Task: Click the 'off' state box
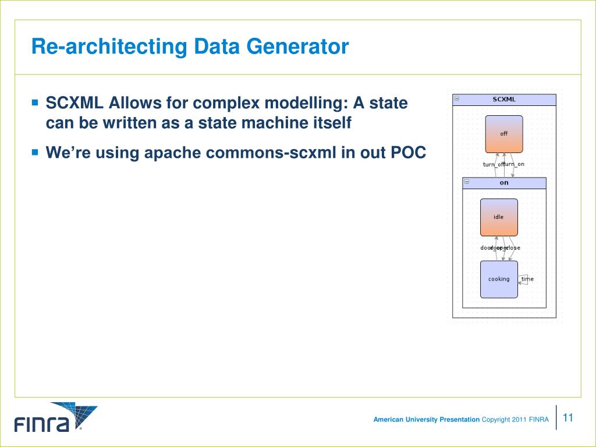click(504, 134)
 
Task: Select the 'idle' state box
click(499, 217)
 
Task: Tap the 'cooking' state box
click(499, 279)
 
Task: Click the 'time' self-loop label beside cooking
click(527, 279)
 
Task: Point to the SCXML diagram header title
click(504, 100)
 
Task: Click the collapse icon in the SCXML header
click(457, 98)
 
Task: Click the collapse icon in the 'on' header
click(466, 182)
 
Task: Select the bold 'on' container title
click(504, 183)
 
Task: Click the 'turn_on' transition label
click(515, 164)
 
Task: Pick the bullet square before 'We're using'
click(35, 152)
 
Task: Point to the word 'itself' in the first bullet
click(332, 123)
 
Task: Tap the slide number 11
click(569, 417)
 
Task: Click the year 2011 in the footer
click(519, 420)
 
